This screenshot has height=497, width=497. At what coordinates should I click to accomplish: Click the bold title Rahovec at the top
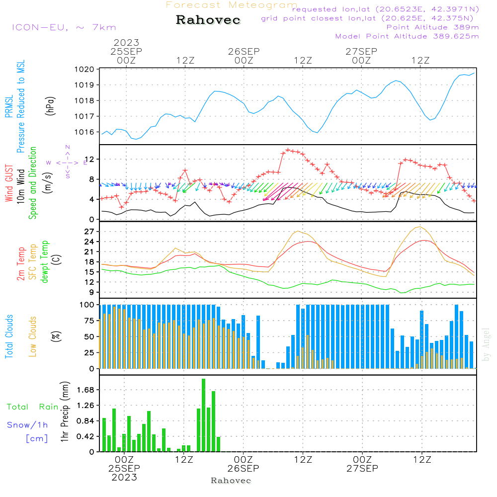tap(208, 20)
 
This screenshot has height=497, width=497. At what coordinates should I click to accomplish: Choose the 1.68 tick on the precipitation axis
tap(84, 390)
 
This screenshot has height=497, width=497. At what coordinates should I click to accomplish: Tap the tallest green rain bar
tap(204, 415)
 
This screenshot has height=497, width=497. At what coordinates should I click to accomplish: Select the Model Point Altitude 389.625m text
tap(407, 36)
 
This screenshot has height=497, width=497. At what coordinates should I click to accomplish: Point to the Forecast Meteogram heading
tap(232, 5)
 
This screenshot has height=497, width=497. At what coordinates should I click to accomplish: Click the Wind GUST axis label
tap(9, 184)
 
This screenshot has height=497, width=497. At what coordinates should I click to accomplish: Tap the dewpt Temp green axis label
tap(45, 261)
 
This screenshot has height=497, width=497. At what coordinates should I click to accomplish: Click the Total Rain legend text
tap(33, 407)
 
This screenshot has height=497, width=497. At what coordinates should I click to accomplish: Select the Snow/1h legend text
tap(28, 425)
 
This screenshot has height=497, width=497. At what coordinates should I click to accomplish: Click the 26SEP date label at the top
tap(244, 51)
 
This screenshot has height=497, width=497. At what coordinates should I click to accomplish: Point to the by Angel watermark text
tap(486, 344)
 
